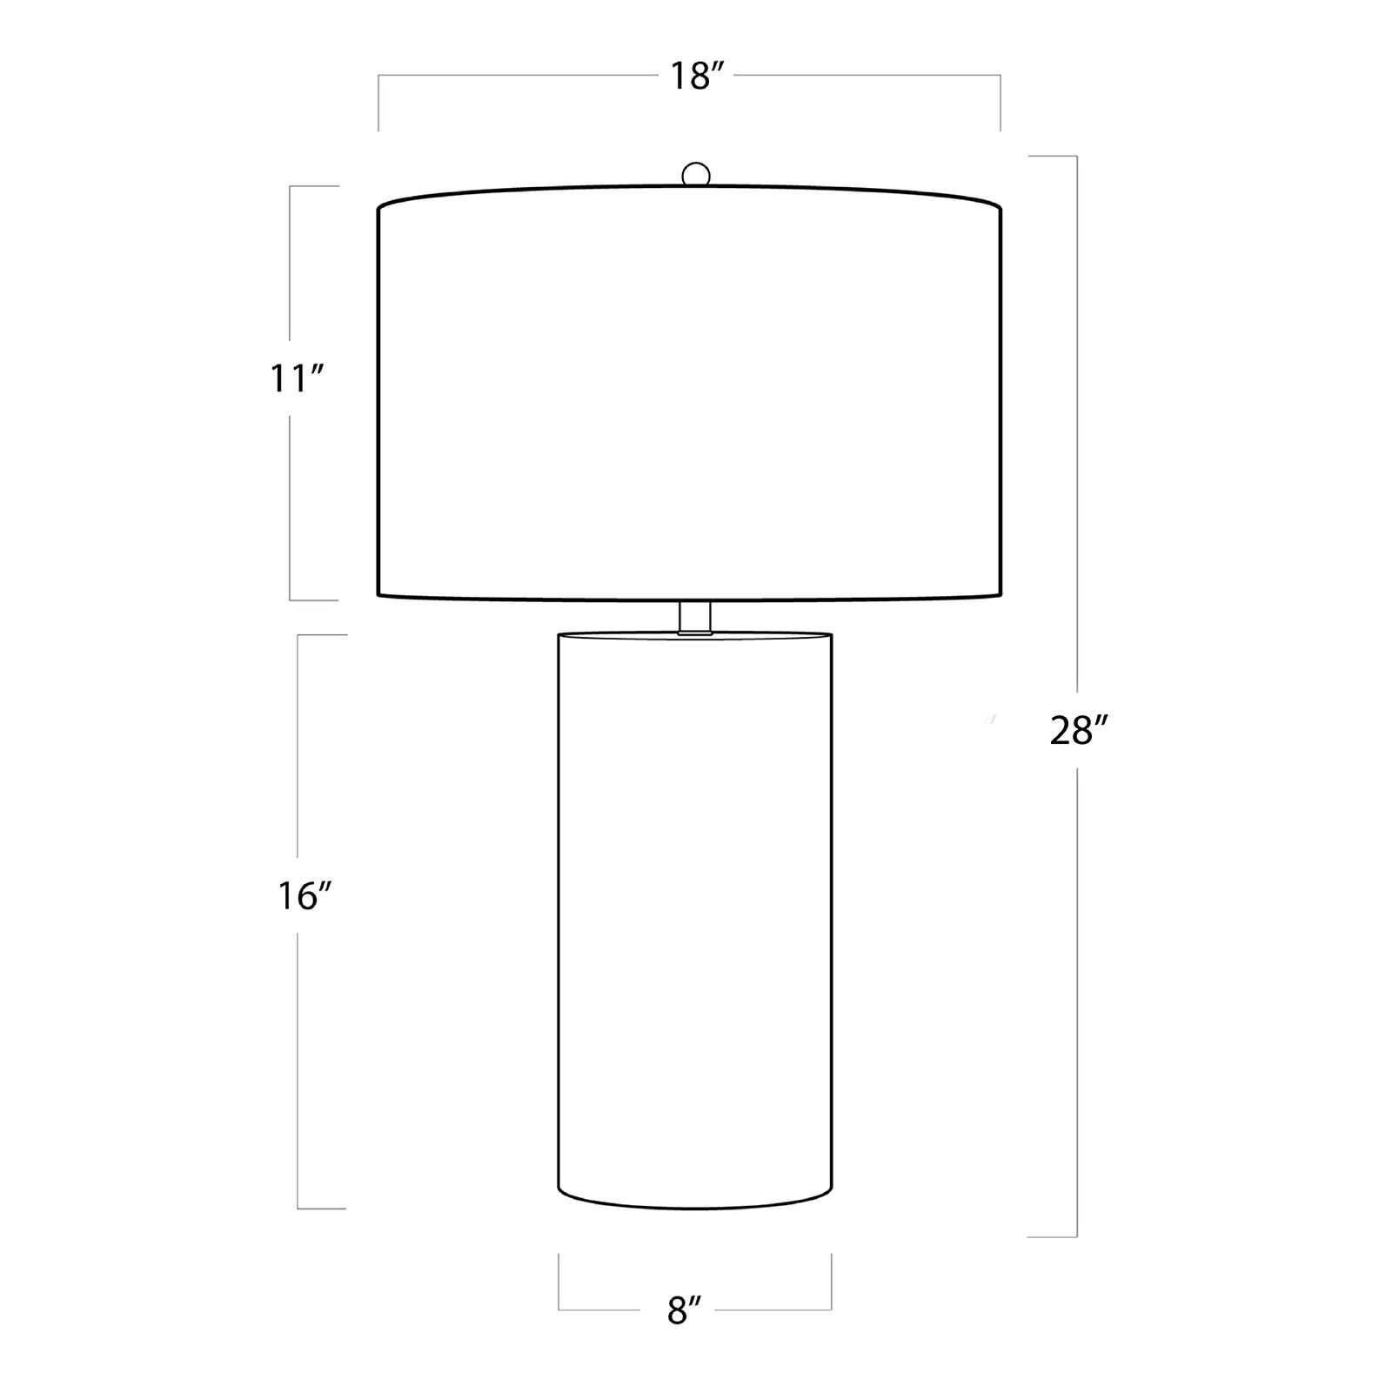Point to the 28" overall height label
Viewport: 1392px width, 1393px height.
tap(1079, 731)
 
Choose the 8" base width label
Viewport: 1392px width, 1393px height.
tap(684, 1310)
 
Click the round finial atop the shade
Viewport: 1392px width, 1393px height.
tap(695, 174)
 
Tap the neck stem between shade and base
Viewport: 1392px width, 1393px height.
tap(694, 616)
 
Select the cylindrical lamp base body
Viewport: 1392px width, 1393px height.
tap(694, 920)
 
